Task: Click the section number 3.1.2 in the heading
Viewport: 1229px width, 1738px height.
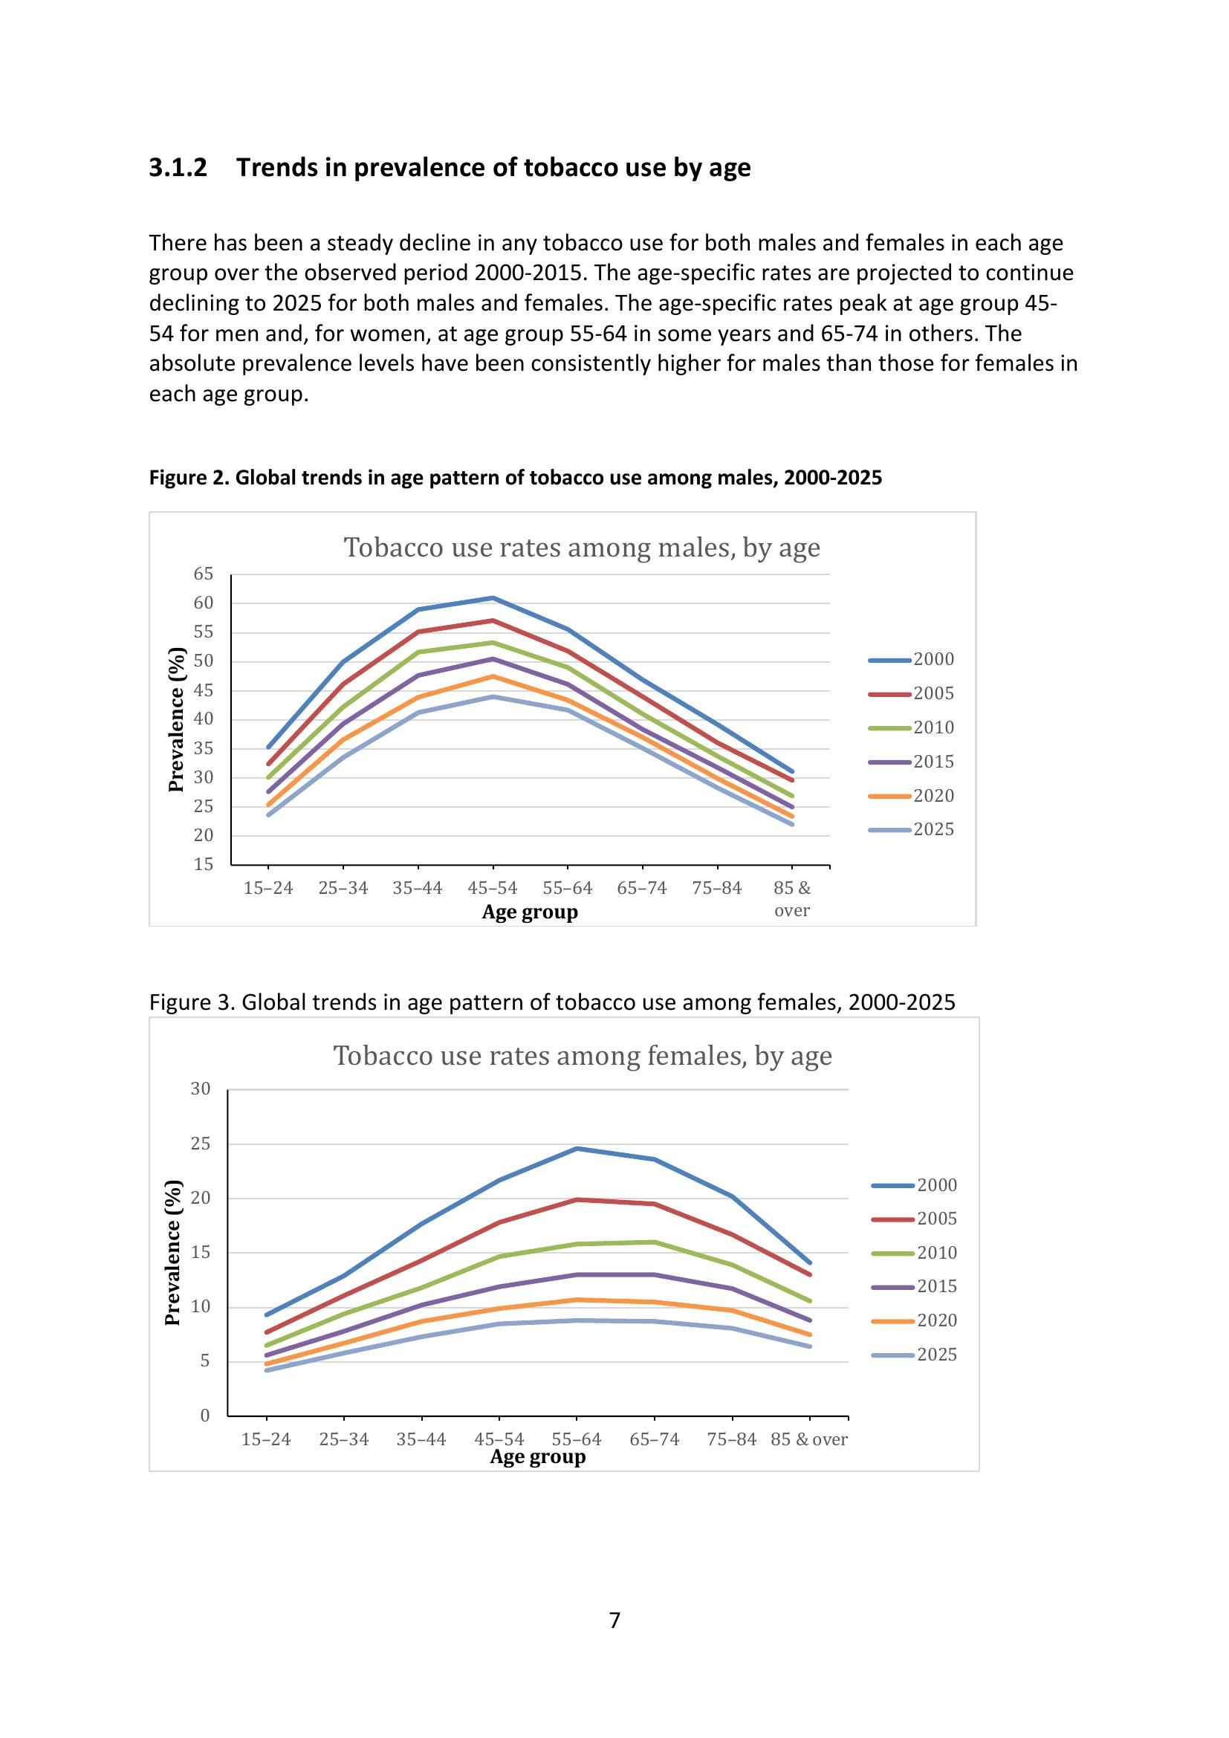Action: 178,167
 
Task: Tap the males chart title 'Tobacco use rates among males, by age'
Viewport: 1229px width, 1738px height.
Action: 581,548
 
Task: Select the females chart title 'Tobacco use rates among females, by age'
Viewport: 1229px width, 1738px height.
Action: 582,1055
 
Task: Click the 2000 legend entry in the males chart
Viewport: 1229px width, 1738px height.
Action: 911,659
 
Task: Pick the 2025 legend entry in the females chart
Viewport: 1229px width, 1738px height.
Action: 915,1355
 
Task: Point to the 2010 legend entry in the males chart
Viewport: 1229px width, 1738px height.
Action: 911,727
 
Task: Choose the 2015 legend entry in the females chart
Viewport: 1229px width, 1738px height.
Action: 915,1286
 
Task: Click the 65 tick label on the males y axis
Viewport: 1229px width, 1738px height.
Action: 204,574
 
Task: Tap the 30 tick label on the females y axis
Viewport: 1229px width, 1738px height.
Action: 201,1089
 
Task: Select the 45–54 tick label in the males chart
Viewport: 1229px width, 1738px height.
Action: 493,888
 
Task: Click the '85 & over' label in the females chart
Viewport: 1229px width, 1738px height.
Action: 809,1439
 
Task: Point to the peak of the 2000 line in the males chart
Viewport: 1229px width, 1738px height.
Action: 493,598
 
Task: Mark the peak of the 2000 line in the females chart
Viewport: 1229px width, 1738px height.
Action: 577,1148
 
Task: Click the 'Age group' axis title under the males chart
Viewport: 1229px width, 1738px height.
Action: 530,912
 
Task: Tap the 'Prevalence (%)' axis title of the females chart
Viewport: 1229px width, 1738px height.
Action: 173,1253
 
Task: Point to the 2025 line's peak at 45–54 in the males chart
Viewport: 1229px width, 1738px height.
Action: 493,696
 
